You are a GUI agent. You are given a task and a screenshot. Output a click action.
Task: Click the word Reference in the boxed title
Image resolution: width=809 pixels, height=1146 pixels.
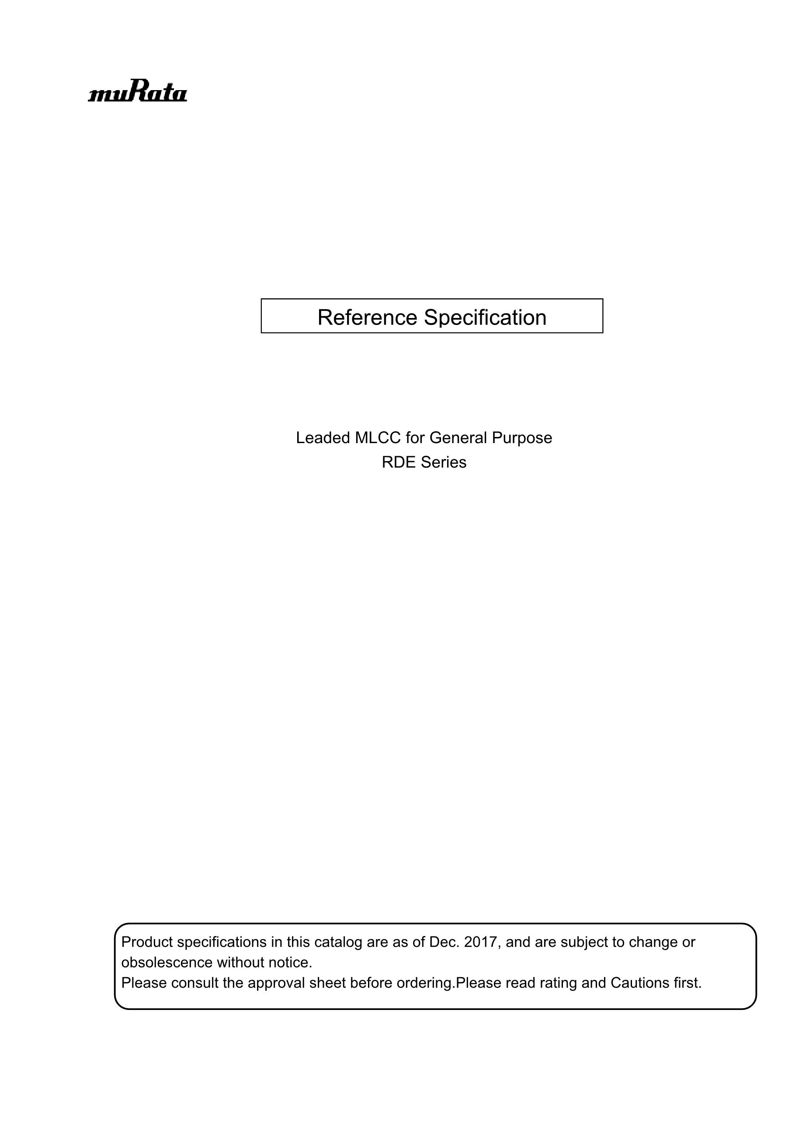coord(367,318)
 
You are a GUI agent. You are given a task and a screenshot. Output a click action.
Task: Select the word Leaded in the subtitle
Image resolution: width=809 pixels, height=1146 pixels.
coord(323,438)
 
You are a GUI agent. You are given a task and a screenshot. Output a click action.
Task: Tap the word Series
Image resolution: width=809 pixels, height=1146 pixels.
coord(444,462)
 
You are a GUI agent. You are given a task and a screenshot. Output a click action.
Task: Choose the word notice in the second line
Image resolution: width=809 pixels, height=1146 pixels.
coord(290,962)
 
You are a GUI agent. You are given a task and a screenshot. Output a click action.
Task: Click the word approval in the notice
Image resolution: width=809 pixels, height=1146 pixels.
coord(276,983)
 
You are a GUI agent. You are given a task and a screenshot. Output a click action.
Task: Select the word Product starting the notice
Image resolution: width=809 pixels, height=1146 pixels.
coord(147,942)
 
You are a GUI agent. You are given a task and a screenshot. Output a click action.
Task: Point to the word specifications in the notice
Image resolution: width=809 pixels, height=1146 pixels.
coord(222,942)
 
